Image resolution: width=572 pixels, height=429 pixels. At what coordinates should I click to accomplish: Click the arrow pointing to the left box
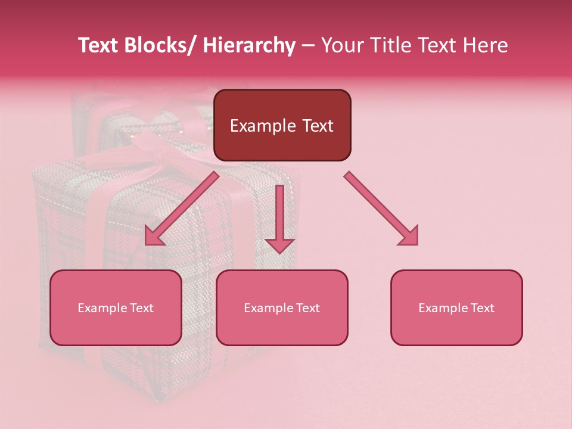pos(182,209)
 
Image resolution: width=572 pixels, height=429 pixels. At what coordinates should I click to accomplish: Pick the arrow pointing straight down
pos(279,218)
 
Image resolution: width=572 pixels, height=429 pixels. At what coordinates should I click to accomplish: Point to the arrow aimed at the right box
pos(381,209)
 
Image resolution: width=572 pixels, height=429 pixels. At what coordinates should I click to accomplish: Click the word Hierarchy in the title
pos(249,45)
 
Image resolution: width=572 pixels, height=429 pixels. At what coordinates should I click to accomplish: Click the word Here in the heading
pos(486,45)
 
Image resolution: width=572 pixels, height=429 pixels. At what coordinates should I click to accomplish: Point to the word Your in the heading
pos(343,45)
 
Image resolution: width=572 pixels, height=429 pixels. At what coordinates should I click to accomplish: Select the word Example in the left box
pos(102,308)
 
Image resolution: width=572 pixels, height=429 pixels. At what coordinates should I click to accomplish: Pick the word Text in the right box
pos(482,308)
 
